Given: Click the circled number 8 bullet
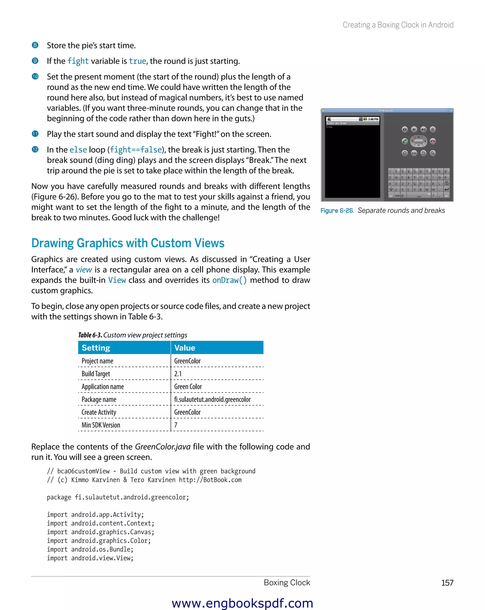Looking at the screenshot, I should (x=35, y=45).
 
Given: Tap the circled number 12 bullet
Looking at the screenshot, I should (x=35, y=149).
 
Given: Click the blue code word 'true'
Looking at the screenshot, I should (x=138, y=61).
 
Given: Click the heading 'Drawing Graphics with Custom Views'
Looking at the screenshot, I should (x=128, y=243).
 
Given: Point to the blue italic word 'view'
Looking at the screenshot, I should (x=84, y=270).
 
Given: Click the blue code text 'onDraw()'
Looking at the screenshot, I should (x=229, y=280).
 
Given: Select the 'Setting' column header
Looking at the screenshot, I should (x=96, y=348).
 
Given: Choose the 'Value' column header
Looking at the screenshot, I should (x=185, y=348).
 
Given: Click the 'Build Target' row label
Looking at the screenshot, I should (x=96, y=374).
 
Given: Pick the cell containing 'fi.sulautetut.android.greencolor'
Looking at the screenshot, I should (x=212, y=399).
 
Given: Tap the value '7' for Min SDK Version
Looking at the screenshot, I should (x=176, y=425).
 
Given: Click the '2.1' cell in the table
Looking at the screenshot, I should (x=178, y=374).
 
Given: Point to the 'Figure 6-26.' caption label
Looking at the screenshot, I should (x=337, y=211).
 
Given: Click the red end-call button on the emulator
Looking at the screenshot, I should (x=433, y=141).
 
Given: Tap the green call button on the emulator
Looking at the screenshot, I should (x=405, y=141).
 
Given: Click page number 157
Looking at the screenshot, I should (x=447, y=583).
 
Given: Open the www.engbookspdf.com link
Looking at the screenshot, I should (x=242, y=603).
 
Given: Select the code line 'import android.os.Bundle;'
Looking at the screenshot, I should (x=90, y=549).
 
